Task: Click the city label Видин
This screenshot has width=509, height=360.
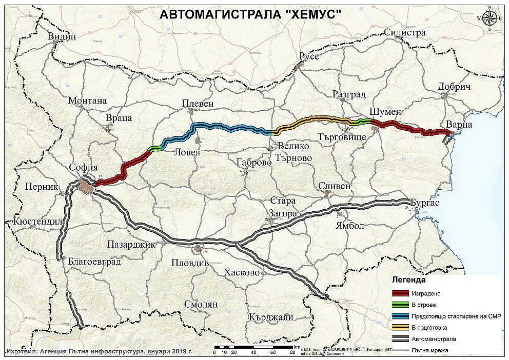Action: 61,36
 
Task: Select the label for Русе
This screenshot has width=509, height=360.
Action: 309,56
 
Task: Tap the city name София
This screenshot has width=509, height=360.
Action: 85,168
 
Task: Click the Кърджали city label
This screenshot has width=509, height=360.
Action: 270,317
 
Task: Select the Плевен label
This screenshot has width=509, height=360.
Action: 198,104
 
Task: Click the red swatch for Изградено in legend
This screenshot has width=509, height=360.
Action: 399,294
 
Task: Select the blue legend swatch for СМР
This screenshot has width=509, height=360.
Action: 399,316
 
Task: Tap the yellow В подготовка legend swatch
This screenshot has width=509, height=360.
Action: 399,328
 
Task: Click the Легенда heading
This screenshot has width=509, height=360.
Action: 409,281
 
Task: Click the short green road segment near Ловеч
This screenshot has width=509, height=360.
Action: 154,149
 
